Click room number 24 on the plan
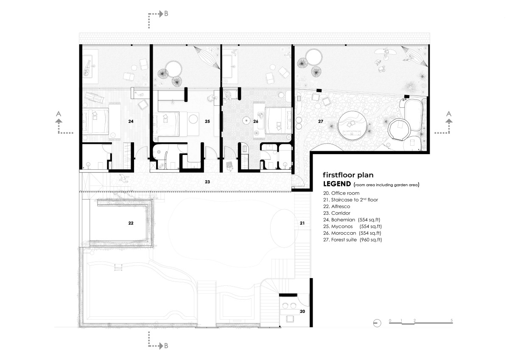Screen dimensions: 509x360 (131, 121)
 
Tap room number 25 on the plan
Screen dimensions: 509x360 (207, 121)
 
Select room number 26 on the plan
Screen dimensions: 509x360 (256, 121)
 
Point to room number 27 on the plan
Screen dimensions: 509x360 (320, 121)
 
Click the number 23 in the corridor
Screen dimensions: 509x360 (207, 182)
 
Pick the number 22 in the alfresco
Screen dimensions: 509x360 (131, 223)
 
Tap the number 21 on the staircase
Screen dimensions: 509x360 (302, 223)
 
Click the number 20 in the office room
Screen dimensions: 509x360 (302, 311)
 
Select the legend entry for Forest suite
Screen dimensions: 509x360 (352, 240)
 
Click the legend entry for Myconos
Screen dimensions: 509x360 (352, 227)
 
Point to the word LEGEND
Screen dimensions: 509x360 (337, 184)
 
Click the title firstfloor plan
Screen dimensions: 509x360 (348, 175)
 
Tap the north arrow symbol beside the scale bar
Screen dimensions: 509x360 (377, 323)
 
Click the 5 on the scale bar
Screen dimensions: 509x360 (451, 321)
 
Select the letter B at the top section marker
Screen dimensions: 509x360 (166, 14)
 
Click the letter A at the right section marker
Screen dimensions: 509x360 (449, 114)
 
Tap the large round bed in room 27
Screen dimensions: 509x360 (352, 126)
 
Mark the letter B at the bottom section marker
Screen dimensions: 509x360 (166, 346)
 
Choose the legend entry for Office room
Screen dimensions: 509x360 (341, 193)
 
